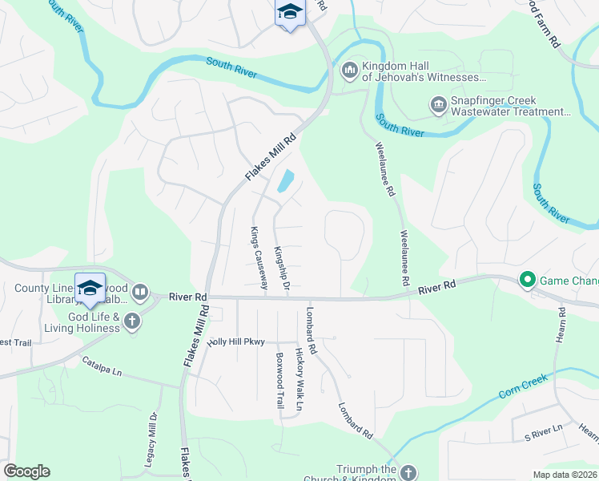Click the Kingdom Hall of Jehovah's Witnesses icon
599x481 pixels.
tap(349, 71)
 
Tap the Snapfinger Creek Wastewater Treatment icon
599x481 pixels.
tap(438, 104)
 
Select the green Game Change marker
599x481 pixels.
tap(527, 280)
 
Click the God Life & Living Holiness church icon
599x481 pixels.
tap(132, 321)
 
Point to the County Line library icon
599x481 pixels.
tap(140, 292)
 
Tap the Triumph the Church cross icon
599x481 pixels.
tap(408, 473)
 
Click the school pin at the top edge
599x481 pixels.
tap(290, 13)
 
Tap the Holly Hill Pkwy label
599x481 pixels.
tap(235, 342)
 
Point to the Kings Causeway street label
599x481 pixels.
tap(259, 257)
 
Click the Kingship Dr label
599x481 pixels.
tap(281, 263)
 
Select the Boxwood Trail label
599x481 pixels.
tap(280, 381)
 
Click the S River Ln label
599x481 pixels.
tap(545, 436)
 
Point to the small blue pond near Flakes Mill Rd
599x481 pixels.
tap(284, 182)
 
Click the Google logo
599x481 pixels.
tap(26, 471)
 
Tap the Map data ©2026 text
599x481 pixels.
tap(564, 475)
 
